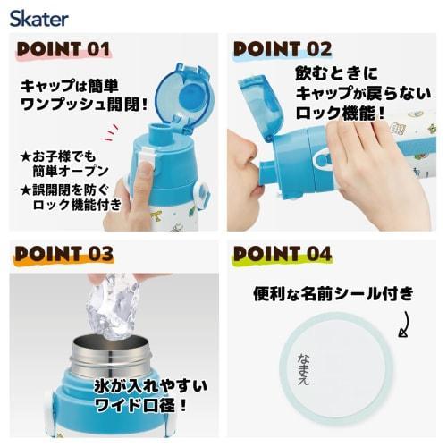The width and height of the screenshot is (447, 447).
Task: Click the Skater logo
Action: [x=39, y=19]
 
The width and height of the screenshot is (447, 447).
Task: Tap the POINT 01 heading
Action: [x=63, y=49]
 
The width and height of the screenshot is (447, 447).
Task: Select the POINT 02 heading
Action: [x=283, y=49]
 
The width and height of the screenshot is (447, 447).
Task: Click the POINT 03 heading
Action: [x=64, y=254]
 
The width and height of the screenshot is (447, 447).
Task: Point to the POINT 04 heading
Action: [x=283, y=254]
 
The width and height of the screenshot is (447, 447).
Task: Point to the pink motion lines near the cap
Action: [x=111, y=133]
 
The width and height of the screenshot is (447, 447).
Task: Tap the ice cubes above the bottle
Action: [x=114, y=307]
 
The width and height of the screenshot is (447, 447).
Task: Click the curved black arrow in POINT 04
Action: [x=405, y=325]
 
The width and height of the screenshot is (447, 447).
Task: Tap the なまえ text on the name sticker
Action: [x=304, y=369]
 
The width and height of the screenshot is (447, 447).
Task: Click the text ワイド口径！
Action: [x=140, y=404]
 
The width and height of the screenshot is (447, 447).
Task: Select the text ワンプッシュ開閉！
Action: [x=84, y=105]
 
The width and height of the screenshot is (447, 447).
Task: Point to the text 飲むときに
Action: [x=336, y=73]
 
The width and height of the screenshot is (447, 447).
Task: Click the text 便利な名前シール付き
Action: [x=333, y=294]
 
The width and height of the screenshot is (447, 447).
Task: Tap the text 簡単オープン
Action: [x=71, y=171]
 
